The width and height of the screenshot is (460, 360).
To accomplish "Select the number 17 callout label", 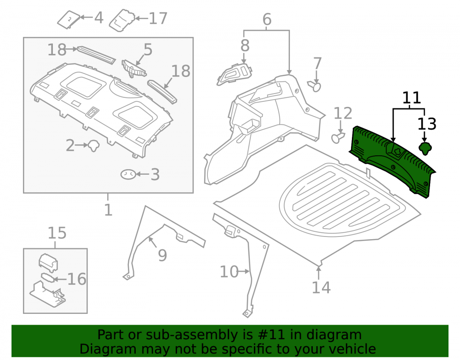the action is (158, 18).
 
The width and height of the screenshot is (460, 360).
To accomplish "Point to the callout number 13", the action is (427, 124).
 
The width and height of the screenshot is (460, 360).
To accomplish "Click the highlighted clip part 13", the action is (425, 148).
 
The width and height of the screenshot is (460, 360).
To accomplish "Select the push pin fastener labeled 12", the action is (338, 137).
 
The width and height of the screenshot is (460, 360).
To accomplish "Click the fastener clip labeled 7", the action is (314, 86).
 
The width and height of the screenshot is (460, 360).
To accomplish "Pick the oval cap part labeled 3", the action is (128, 174).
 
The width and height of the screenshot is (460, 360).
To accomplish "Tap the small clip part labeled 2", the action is (93, 146).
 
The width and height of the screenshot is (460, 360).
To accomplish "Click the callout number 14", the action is (321, 287).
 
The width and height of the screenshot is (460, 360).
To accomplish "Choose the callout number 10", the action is (229, 271).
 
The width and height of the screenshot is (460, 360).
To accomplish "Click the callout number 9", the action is (162, 255).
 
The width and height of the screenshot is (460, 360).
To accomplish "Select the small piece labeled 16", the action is (47, 277).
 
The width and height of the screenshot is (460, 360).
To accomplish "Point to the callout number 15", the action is (57, 233).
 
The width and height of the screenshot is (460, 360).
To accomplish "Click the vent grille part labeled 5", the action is (134, 69).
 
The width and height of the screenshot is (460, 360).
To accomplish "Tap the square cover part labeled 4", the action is (69, 20).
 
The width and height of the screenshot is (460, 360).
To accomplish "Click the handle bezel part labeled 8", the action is (234, 75).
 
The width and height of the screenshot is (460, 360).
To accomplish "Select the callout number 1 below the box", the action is (108, 210).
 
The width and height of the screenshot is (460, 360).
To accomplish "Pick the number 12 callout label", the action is (343, 113).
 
